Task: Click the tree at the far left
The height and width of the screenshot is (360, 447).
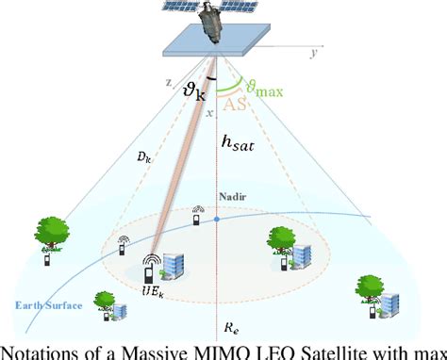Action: pos(52,236)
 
